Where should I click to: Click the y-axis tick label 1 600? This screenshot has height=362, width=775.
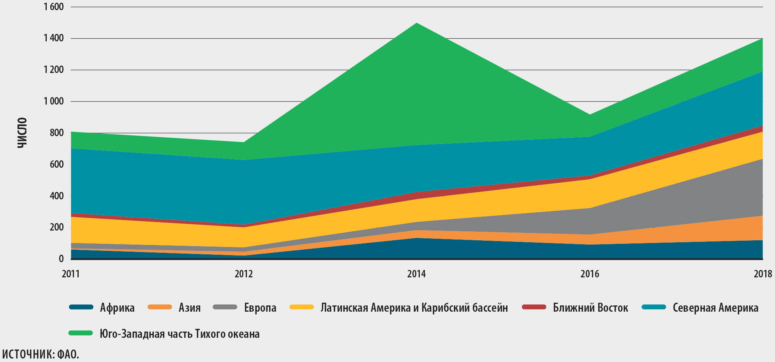point(54,7)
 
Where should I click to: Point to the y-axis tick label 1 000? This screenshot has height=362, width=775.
point(54,101)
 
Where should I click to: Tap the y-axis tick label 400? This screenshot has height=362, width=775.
point(56,196)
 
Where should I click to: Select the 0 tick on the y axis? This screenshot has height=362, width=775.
point(61,259)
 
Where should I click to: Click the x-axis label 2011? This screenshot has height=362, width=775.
point(70,274)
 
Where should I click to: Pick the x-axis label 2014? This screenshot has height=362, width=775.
point(416,274)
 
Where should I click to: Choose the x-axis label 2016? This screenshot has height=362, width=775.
point(590,274)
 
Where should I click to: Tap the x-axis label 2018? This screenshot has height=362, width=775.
point(763,274)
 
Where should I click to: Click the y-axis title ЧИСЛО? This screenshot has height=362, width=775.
point(23,133)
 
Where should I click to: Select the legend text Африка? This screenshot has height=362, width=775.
point(117,308)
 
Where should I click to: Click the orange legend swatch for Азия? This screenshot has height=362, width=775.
point(160,307)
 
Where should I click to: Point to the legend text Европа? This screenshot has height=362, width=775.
point(260,308)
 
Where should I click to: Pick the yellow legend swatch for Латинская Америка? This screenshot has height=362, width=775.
point(302,307)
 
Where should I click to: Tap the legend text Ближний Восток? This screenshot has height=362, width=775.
point(590,308)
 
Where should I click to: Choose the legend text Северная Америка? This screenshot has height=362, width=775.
point(715,308)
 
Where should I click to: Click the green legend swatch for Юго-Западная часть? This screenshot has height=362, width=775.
point(81,334)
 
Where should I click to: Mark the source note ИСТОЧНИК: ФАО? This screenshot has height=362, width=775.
point(41,354)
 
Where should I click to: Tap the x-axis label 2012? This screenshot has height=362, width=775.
point(244,274)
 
